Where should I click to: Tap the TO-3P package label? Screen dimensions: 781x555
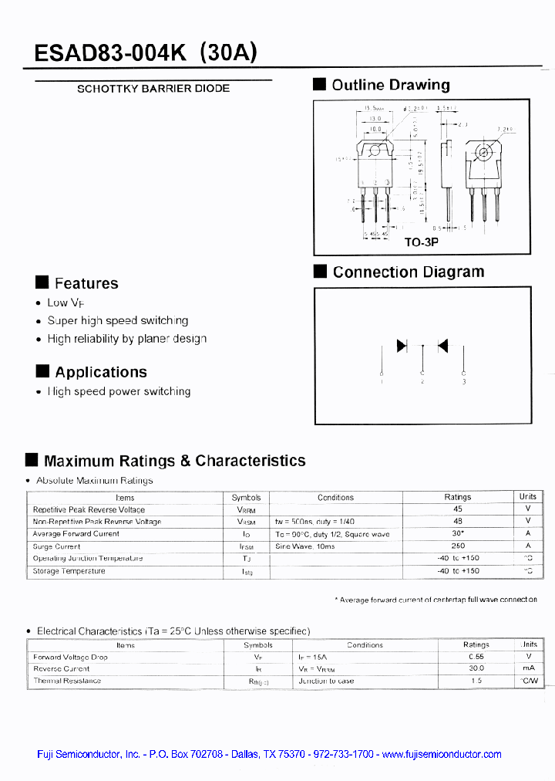point(421,242)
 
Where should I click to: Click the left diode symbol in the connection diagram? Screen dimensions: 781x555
point(402,347)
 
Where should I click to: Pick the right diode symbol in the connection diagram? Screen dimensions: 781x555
point(442,347)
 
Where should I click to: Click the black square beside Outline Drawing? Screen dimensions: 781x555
point(320,85)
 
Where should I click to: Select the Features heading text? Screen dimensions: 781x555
point(86,283)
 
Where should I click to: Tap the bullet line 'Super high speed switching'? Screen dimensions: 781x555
point(117,320)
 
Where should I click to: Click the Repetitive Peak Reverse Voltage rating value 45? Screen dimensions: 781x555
point(458,509)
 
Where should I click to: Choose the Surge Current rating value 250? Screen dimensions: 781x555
point(458,546)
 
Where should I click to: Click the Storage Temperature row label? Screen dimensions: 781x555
point(69,571)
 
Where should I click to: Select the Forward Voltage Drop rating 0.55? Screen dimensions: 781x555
point(476,657)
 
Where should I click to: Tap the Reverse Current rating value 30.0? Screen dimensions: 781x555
point(476,668)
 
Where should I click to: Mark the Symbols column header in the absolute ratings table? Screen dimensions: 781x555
point(246,498)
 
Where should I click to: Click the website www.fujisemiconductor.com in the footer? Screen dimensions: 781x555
point(442,755)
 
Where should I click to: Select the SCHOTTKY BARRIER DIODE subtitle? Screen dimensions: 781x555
point(153,89)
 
